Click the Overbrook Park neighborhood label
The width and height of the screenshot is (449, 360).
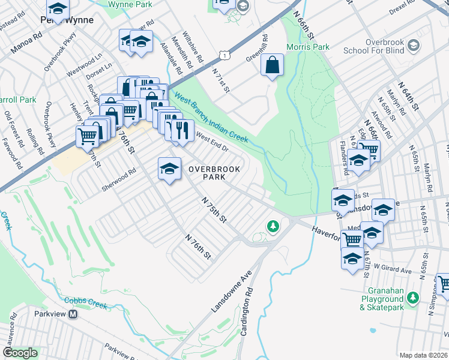pos(214,173)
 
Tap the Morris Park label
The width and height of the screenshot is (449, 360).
pos(316,47)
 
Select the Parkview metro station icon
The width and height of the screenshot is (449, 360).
pos(73,314)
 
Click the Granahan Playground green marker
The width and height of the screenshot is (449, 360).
pos(412,298)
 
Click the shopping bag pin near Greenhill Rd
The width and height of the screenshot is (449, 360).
pos(272,65)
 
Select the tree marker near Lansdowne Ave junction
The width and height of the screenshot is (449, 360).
pos(273,226)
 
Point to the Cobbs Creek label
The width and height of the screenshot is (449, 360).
pos(85,304)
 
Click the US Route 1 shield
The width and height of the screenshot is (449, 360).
pos(223,55)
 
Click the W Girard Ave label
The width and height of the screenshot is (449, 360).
pos(394,271)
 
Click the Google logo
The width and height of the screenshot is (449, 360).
pos(20,353)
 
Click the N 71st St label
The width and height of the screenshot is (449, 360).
pos(221,80)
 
